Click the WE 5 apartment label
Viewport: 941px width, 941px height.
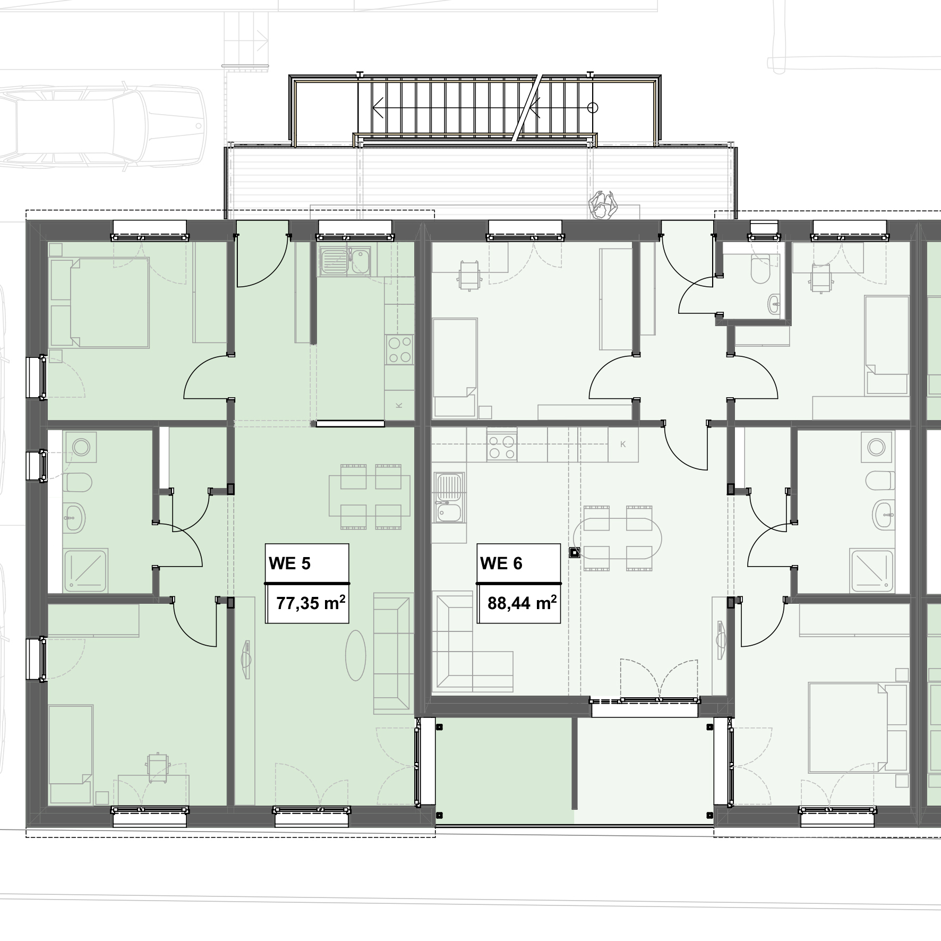tap(289, 563)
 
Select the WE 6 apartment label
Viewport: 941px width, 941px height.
tap(501, 563)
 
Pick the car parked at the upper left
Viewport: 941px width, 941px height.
tap(101, 128)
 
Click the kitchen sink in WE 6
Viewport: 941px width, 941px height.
tap(449, 498)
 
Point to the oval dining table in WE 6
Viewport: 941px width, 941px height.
tap(618, 537)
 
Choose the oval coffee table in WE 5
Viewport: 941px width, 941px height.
tap(356, 655)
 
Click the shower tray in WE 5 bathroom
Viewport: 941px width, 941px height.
tap(87, 570)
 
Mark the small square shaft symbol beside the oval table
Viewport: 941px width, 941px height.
tap(575, 552)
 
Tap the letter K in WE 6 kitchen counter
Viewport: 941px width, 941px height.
tap(623, 444)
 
